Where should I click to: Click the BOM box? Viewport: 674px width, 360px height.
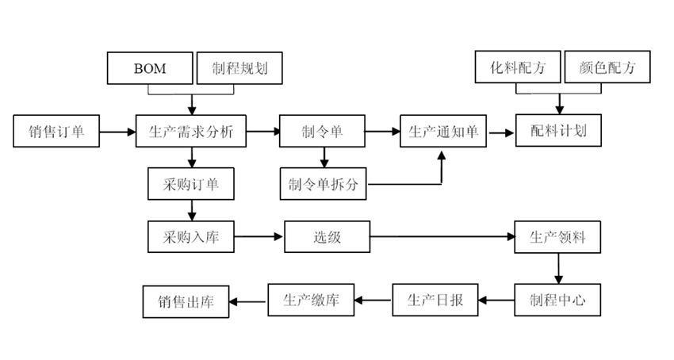click(150, 67)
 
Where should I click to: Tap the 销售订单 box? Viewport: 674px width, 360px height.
click(56, 132)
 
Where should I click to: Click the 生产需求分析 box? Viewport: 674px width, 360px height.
click(191, 132)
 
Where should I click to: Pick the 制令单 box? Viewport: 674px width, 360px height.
click(322, 132)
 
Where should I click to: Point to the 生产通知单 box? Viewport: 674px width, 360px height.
click(443, 132)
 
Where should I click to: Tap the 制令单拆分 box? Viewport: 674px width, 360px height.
click(324, 184)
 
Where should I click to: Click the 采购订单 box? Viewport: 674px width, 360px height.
click(191, 184)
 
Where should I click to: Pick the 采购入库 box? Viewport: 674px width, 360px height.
click(191, 236)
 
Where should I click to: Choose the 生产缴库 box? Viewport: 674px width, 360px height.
click(312, 301)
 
